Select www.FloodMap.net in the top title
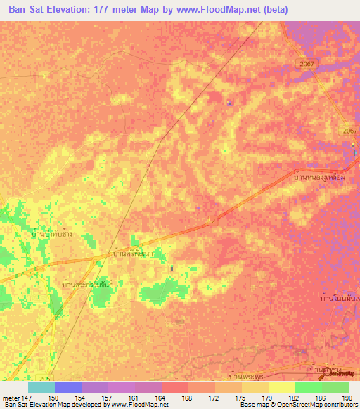pyautogui.click(x=222, y=11)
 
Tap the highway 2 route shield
pyautogui.click(x=212, y=221)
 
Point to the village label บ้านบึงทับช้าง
pyautogui.click(x=60, y=233)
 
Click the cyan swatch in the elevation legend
pyautogui.click(x=41, y=387)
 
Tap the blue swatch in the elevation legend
pyautogui.click(x=67, y=387)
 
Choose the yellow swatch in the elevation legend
pyautogui.click(x=281, y=387)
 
